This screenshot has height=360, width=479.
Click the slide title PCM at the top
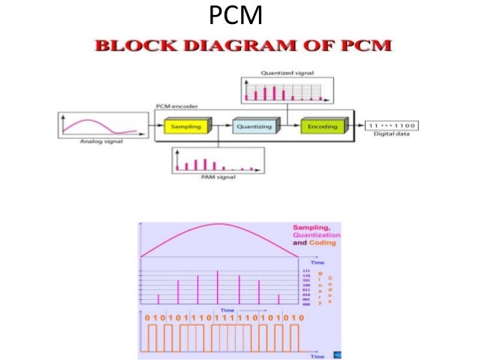tap(239, 14)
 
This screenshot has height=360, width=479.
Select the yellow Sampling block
tap(185, 127)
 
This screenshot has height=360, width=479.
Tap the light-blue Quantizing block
tap(255, 127)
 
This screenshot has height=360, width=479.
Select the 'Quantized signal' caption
tap(287, 73)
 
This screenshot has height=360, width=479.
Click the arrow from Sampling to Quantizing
tap(219, 127)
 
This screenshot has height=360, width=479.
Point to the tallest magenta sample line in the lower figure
tap(218, 286)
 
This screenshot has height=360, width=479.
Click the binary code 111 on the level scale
tap(306, 271)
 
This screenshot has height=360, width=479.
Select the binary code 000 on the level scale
tap(306, 304)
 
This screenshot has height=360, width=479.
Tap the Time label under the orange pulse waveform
tap(318, 356)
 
